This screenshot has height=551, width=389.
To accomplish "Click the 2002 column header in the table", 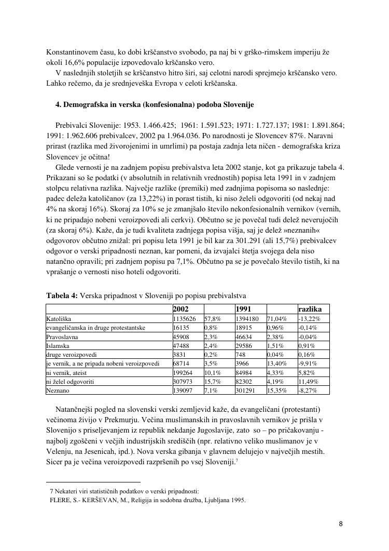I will click(182, 309).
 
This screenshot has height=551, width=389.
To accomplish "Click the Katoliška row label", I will click(59, 318).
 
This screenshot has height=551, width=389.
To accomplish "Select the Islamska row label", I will click(58, 346).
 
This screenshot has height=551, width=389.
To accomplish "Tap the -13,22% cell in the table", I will click(310, 318).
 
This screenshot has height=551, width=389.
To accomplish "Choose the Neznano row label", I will click(58, 390).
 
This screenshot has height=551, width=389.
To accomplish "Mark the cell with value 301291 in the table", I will click(246, 390).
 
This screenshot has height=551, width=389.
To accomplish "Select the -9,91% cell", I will click(308, 363).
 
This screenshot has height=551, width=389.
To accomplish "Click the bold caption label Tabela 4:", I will click(62, 295).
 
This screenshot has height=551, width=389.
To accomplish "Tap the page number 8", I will click(340, 523).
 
